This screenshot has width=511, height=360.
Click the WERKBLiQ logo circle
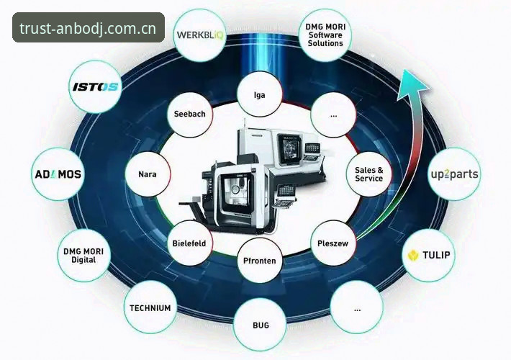pyautogui.click(x=200, y=35)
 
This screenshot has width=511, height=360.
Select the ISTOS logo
pyautogui.click(x=95, y=87)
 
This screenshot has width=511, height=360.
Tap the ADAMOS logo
pyautogui.click(x=58, y=174)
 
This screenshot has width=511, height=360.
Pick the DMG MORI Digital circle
pyautogui.click(x=83, y=256)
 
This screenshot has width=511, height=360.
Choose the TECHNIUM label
pyautogui.click(x=150, y=308)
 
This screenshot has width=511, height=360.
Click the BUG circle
pyautogui.click(x=260, y=325)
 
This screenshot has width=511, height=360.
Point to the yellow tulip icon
pyautogui.click(x=413, y=256)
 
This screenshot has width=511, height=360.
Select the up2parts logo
pyautogui.click(x=454, y=174)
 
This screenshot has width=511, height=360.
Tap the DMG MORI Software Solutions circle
pyautogui.click(x=325, y=35)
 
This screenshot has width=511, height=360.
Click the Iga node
pyautogui.click(x=260, y=94)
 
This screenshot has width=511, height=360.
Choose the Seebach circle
pyautogui.click(x=190, y=114)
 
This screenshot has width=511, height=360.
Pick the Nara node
pyautogui.click(x=148, y=174)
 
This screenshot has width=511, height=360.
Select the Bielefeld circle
pyautogui.click(x=189, y=243)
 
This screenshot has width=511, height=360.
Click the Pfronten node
pyautogui.click(x=260, y=261)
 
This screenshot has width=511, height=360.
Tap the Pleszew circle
pyautogui.click(x=333, y=243)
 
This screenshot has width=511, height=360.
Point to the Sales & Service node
pyautogui.click(x=369, y=174)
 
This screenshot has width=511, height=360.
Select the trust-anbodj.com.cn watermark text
pyautogui.click(x=88, y=28)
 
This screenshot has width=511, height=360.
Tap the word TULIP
pyautogui.click(x=436, y=255)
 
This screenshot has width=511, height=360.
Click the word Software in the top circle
pyautogui.click(x=325, y=35)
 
